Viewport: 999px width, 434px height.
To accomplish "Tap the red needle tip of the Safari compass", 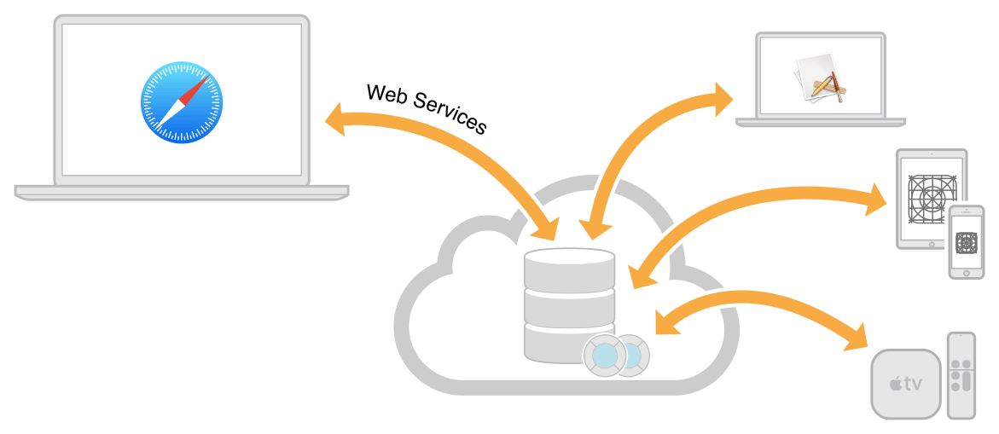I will click(201, 84).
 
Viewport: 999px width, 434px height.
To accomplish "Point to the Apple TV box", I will click(905, 383).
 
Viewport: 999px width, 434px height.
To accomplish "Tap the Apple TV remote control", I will click(961, 375).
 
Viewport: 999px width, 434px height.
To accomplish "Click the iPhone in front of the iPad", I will click(967, 241).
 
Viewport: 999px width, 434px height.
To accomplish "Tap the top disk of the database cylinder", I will click(569, 268).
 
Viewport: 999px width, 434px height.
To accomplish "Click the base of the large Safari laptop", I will click(181, 192).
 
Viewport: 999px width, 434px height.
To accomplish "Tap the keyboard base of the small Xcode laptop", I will click(821, 122).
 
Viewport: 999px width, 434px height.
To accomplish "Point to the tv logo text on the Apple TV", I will click(906, 384).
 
